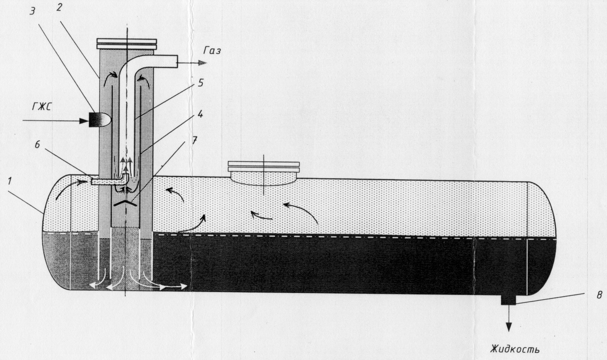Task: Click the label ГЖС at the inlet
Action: [41, 107]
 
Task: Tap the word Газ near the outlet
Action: [212, 51]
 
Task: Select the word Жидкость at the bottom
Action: [515, 348]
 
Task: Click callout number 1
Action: [10, 181]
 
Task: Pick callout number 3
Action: [32, 12]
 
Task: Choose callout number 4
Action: [200, 115]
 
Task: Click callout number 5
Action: [200, 83]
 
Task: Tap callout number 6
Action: [37, 145]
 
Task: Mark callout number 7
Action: [194, 140]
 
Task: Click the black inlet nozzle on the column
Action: [99, 120]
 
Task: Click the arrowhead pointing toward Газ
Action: [202, 63]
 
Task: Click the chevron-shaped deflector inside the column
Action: [125, 203]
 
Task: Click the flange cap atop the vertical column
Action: [127, 44]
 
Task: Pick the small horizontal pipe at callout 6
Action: [108, 181]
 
